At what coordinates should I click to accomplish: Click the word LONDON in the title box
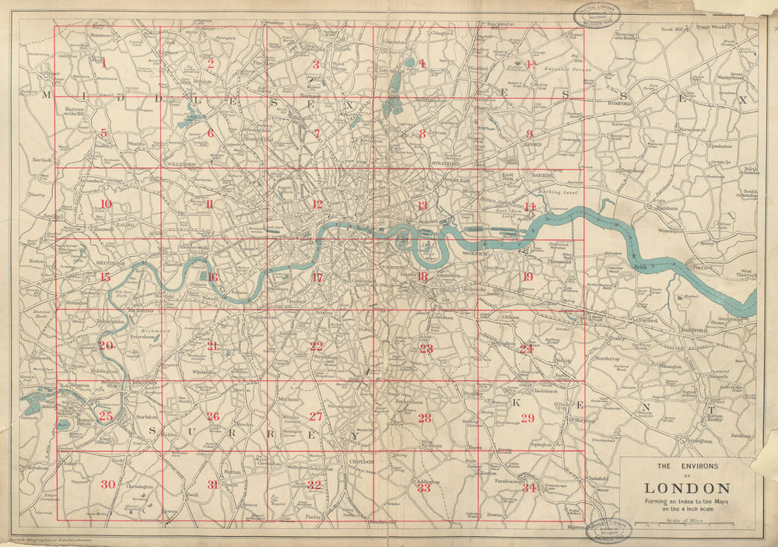click(x=686, y=489)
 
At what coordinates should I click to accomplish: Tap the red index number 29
click(x=527, y=419)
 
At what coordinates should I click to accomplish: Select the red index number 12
click(x=317, y=205)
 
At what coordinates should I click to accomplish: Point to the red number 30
click(x=107, y=485)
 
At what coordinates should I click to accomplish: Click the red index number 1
click(x=103, y=63)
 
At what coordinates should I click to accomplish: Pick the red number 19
click(x=527, y=277)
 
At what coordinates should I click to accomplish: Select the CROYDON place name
click(x=362, y=461)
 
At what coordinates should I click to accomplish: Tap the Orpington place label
click(x=540, y=444)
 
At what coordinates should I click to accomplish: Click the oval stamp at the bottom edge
click(x=609, y=531)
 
